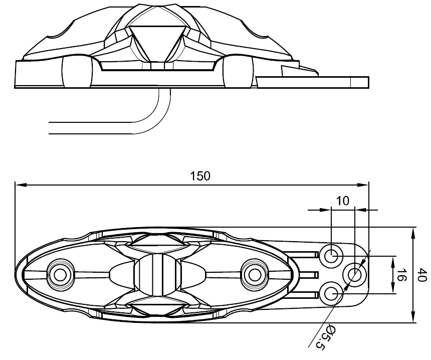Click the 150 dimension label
[x=200, y=176]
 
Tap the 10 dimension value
[x=343, y=201]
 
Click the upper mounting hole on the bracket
[x=332, y=256]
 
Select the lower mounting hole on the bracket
[x=332, y=293]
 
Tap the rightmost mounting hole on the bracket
[x=355, y=274]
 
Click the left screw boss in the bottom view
[x=61, y=274]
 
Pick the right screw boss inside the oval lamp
[x=255, y=274]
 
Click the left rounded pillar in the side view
[x=77, y=72]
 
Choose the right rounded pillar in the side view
[x=238, y=72]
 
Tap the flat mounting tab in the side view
[x=312, y=82]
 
